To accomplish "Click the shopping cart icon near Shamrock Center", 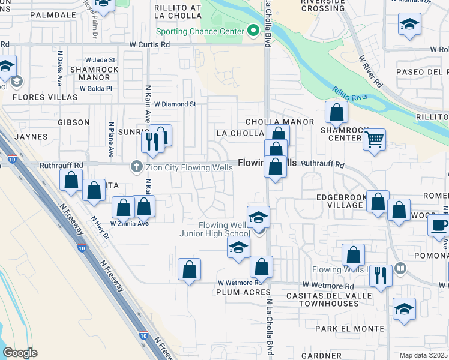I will (x=375, y=140).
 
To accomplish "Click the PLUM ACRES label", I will (x=237, y=292).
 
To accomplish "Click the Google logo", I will (x=20, y=353).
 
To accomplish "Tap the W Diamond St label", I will (x=175, y=104).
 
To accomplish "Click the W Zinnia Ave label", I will (x=129, y=224).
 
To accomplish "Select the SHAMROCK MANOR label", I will (x=94, y=73).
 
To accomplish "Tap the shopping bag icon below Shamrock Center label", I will (x=337, y=112).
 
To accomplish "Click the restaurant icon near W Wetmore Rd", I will (x=381, y=275).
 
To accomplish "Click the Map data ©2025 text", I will (x=423, y=355).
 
